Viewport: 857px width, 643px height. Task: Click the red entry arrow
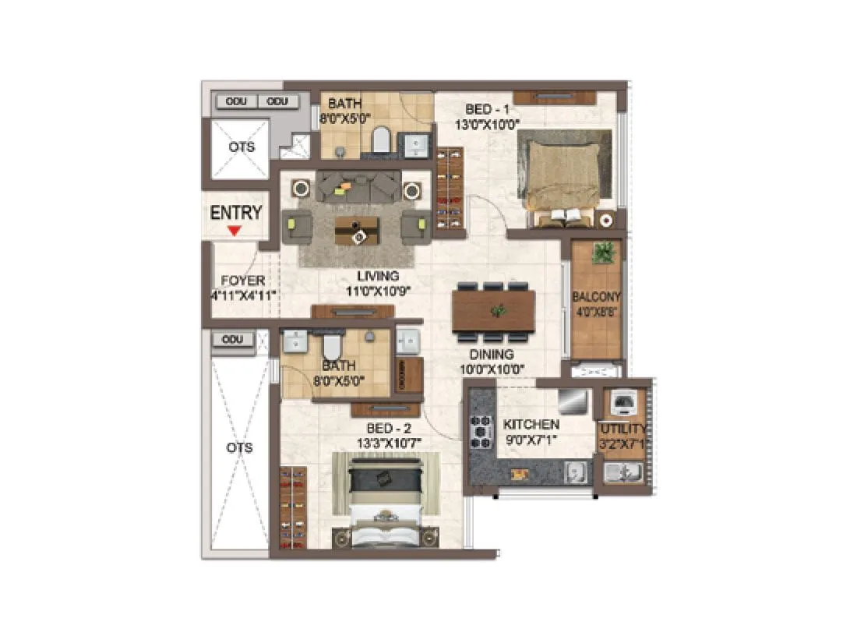pos(234,231)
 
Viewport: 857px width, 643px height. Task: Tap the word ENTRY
pos(236,213)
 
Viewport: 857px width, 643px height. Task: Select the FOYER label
pos(242,281)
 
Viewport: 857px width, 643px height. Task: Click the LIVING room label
pos(378,276)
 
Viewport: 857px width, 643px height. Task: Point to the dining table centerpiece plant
pos(496,310)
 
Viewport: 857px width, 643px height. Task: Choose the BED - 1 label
pos(488,110)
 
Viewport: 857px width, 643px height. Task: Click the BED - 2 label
pos(390,428)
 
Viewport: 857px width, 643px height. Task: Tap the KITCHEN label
pos(531,425)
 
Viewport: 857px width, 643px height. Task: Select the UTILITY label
pos(622,429)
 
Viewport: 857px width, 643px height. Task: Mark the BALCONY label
pos(596,297)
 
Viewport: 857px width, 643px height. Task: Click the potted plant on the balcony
pos(603,253)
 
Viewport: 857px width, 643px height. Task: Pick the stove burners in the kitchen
pos(480,431)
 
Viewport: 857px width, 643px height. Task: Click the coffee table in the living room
pos(357,230)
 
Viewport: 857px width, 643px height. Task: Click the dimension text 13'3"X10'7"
pos(390,443)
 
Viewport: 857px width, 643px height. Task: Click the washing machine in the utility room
pos(622,402)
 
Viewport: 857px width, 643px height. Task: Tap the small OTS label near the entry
pos(241,147)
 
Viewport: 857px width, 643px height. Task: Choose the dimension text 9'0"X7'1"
pos(531,440)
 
